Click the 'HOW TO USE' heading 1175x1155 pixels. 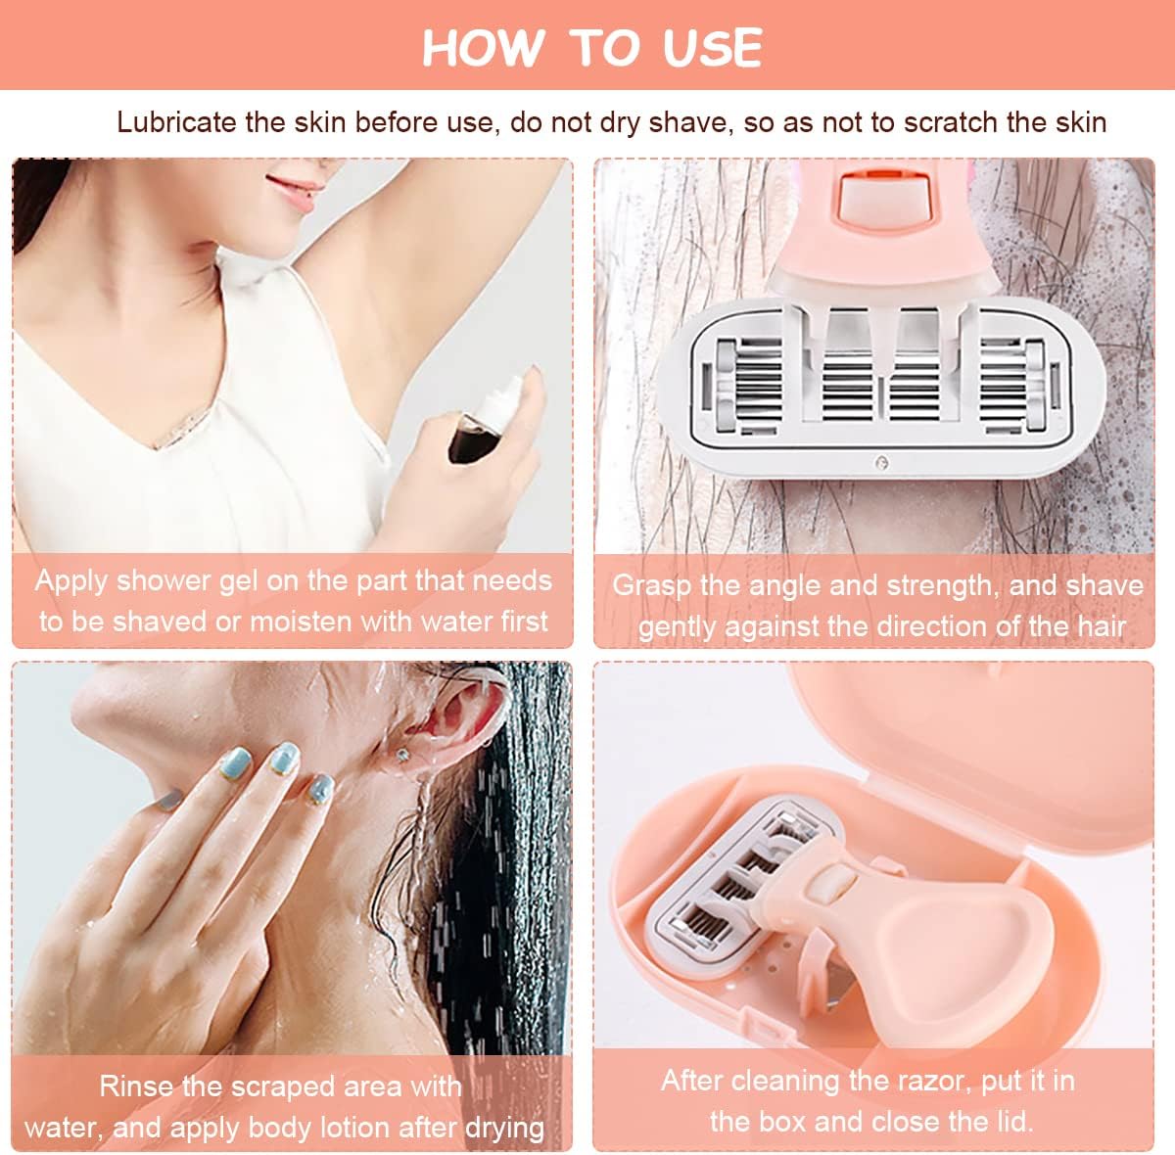point(591,47)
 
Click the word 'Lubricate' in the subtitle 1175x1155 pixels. point(176,122)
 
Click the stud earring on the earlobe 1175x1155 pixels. point(401,756)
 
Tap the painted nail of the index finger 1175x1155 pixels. point(283,755)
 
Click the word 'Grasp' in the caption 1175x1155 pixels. point(651,585)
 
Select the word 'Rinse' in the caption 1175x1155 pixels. point(137,1086)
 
